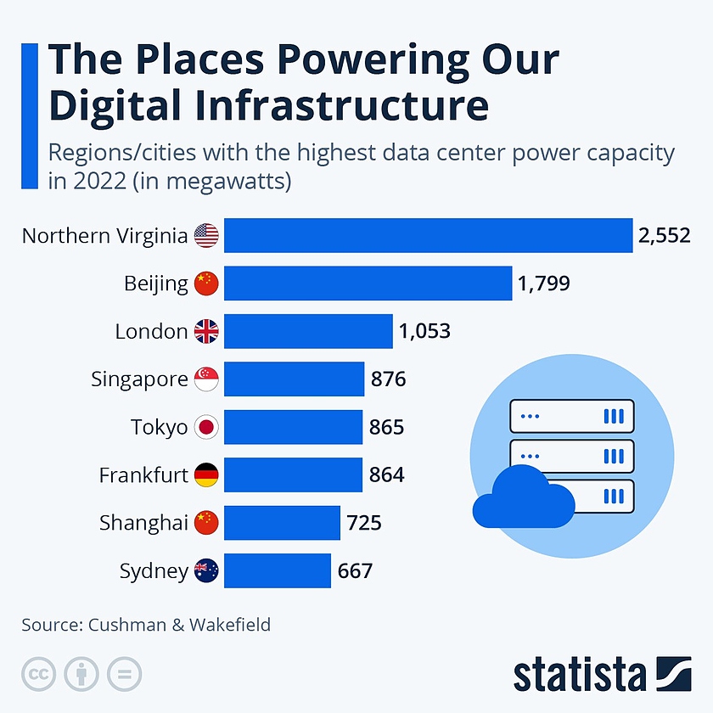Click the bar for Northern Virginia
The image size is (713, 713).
coord(429,235)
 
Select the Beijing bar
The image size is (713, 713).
coord(368,284)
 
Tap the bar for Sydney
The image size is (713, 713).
coord(277,570)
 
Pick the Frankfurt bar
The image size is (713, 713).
coord(293,474)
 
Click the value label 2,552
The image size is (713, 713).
coord(665,236)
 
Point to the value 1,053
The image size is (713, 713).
coord(424,331)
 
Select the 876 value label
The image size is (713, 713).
coord(389,379)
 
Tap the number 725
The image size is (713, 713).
coord(364,523)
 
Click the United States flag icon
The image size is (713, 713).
coord(206,236)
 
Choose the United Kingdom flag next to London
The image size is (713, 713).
coord(206,331)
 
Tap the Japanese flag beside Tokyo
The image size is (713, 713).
coord(206,427)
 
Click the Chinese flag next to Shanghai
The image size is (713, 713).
coord(206,523)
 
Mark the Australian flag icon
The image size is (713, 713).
coord(206,571)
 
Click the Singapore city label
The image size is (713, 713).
coord(139,379)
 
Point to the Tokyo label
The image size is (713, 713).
coord(159,427)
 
